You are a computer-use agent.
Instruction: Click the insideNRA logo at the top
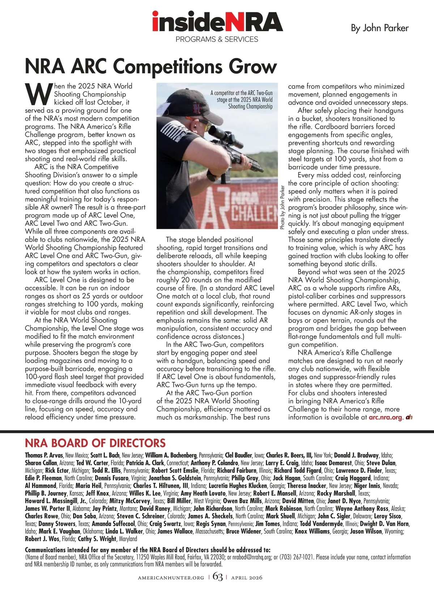tap(217, 22)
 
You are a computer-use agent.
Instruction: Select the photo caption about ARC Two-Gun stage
tap(242, 100)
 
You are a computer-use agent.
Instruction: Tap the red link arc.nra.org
tap(385, 417)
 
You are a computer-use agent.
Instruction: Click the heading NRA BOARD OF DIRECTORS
tap(95, 443)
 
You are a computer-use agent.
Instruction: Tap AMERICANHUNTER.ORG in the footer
tap(171, 578)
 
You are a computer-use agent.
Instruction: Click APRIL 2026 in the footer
tap(247, 578)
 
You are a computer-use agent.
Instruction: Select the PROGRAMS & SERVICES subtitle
tap(217, 39)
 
